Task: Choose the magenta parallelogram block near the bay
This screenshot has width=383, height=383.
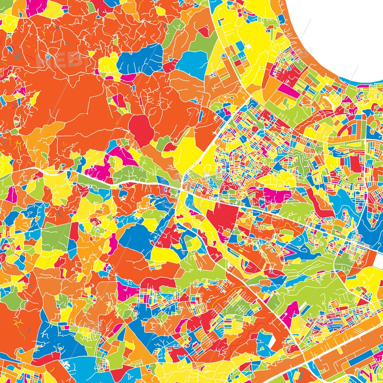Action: coord(285,90)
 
